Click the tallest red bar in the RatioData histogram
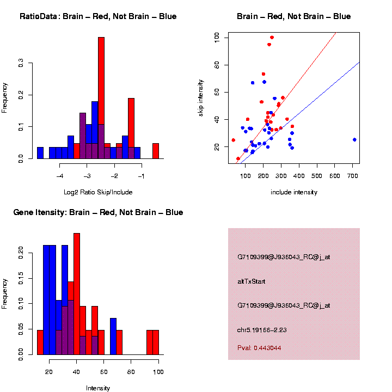tap(101, 98)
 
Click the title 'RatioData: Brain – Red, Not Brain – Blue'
tap(98, 16)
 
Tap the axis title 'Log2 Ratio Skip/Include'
tap(98, 192)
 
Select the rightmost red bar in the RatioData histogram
tap(156, 151)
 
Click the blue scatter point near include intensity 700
tap(354, 139)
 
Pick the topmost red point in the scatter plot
tap(272, 38)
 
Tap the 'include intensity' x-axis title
tap(294, 192)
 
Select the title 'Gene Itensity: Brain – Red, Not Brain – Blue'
tap(98, 212)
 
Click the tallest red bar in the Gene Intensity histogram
tap(77, 294)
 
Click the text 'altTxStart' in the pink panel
tap(252, 281)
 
